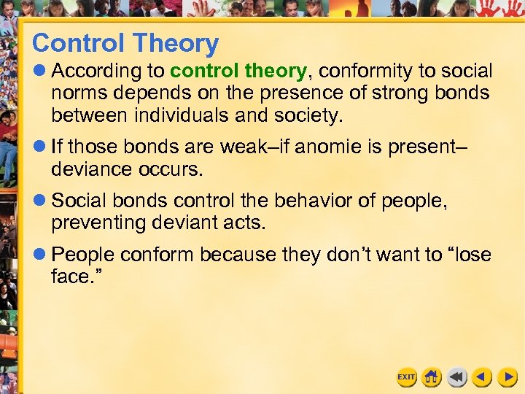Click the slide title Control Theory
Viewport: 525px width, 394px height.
coord(125,44)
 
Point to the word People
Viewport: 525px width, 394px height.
coord(83,255)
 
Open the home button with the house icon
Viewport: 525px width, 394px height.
coord(432,377)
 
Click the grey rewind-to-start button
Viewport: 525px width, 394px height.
coord(457,377)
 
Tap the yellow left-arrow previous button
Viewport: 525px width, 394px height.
coord(482,377)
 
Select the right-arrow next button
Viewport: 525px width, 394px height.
coord(507,377)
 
